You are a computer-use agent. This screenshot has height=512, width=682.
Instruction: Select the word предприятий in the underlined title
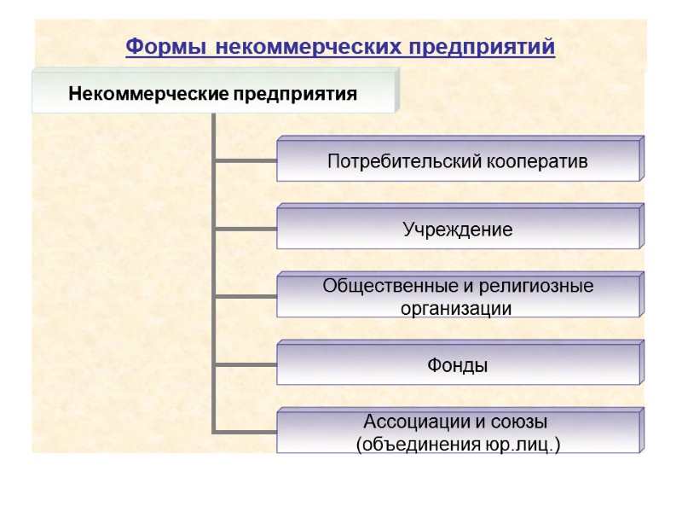point(482,46)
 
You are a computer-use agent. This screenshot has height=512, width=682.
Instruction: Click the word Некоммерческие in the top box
point(142,93)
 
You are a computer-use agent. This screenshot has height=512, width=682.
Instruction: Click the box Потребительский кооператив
point(458,161)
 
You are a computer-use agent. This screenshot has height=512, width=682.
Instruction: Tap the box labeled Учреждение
point(458,229)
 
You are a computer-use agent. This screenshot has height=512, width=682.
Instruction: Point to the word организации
point(456,309)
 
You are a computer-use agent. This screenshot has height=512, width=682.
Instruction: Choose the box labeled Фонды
point(458,365)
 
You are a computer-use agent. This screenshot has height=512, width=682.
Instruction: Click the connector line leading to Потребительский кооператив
point(245,160)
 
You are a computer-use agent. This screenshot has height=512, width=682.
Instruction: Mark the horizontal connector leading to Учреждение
point(245,228)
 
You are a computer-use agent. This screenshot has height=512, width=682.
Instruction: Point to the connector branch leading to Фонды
point(245,364)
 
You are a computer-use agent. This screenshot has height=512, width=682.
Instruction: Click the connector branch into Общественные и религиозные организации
point(245,296)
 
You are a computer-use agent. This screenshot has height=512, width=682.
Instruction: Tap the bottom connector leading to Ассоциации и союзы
point(245,432)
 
